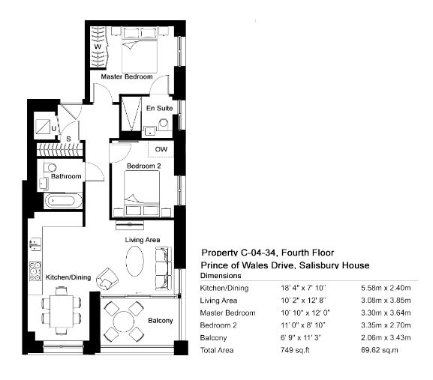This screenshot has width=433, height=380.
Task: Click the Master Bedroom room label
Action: (x=127, y=76)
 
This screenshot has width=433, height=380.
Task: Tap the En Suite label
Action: (x=160, y=108)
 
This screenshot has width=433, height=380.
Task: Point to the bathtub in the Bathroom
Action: (x=63, y=200)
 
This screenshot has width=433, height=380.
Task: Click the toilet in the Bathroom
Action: (x=50, y=167)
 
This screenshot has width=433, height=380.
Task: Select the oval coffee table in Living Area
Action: (x=135, y=261)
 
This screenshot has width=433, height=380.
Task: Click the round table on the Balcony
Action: (x=123, y=322)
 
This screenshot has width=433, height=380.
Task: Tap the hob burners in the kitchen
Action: (x=35, y=271)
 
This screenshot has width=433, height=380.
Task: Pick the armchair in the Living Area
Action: (x=107, y=279)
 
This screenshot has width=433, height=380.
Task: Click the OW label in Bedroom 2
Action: (x=161, y=149)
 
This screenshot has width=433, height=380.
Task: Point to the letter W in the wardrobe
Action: (x=98, y=46)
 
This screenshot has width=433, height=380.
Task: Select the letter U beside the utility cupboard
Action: (x=54, y=128)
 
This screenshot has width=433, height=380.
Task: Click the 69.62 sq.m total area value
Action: (x=380, y=350)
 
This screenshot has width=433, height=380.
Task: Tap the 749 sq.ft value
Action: (x=295, y=350)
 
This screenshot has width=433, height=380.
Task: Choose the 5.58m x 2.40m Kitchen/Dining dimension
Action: (x=386, y=288)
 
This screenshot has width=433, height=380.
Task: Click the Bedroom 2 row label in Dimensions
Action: (x=218, y=325)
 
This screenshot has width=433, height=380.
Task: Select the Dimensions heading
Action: (x=221, y=276)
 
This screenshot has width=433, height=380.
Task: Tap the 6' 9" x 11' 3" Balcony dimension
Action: (x=301, y=337)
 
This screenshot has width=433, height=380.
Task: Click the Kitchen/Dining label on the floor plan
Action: (x=68, y=277)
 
